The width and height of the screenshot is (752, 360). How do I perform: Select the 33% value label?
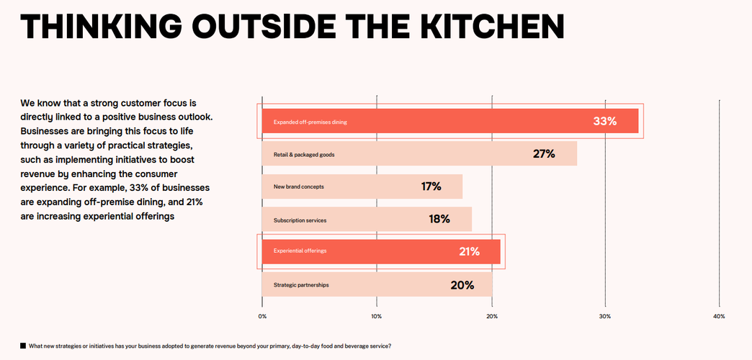point(604,121)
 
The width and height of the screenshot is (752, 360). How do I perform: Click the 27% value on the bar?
point(543,154)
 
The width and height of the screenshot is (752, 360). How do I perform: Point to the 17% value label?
point(431,186)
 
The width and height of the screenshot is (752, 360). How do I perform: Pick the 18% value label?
point(439,219)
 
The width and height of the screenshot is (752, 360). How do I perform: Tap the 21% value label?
point(469,251)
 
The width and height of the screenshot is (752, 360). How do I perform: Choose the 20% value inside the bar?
point(462,284)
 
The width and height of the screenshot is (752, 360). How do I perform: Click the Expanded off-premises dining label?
point(310,122)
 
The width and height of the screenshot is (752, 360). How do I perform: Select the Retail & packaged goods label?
point(303,155)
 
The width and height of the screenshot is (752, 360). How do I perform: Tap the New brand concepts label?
point(298,187)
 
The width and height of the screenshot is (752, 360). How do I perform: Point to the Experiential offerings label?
point(300,251)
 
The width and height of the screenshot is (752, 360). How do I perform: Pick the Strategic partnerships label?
point(301,285)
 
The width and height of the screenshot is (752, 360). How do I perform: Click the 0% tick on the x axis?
point(262,316)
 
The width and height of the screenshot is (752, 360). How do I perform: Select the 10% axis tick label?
point(376,316)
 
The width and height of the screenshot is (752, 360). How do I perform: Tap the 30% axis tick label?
point(605,316)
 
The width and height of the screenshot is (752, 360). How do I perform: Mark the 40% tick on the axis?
point(719,316)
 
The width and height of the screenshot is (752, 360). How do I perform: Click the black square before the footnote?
point(23,346)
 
